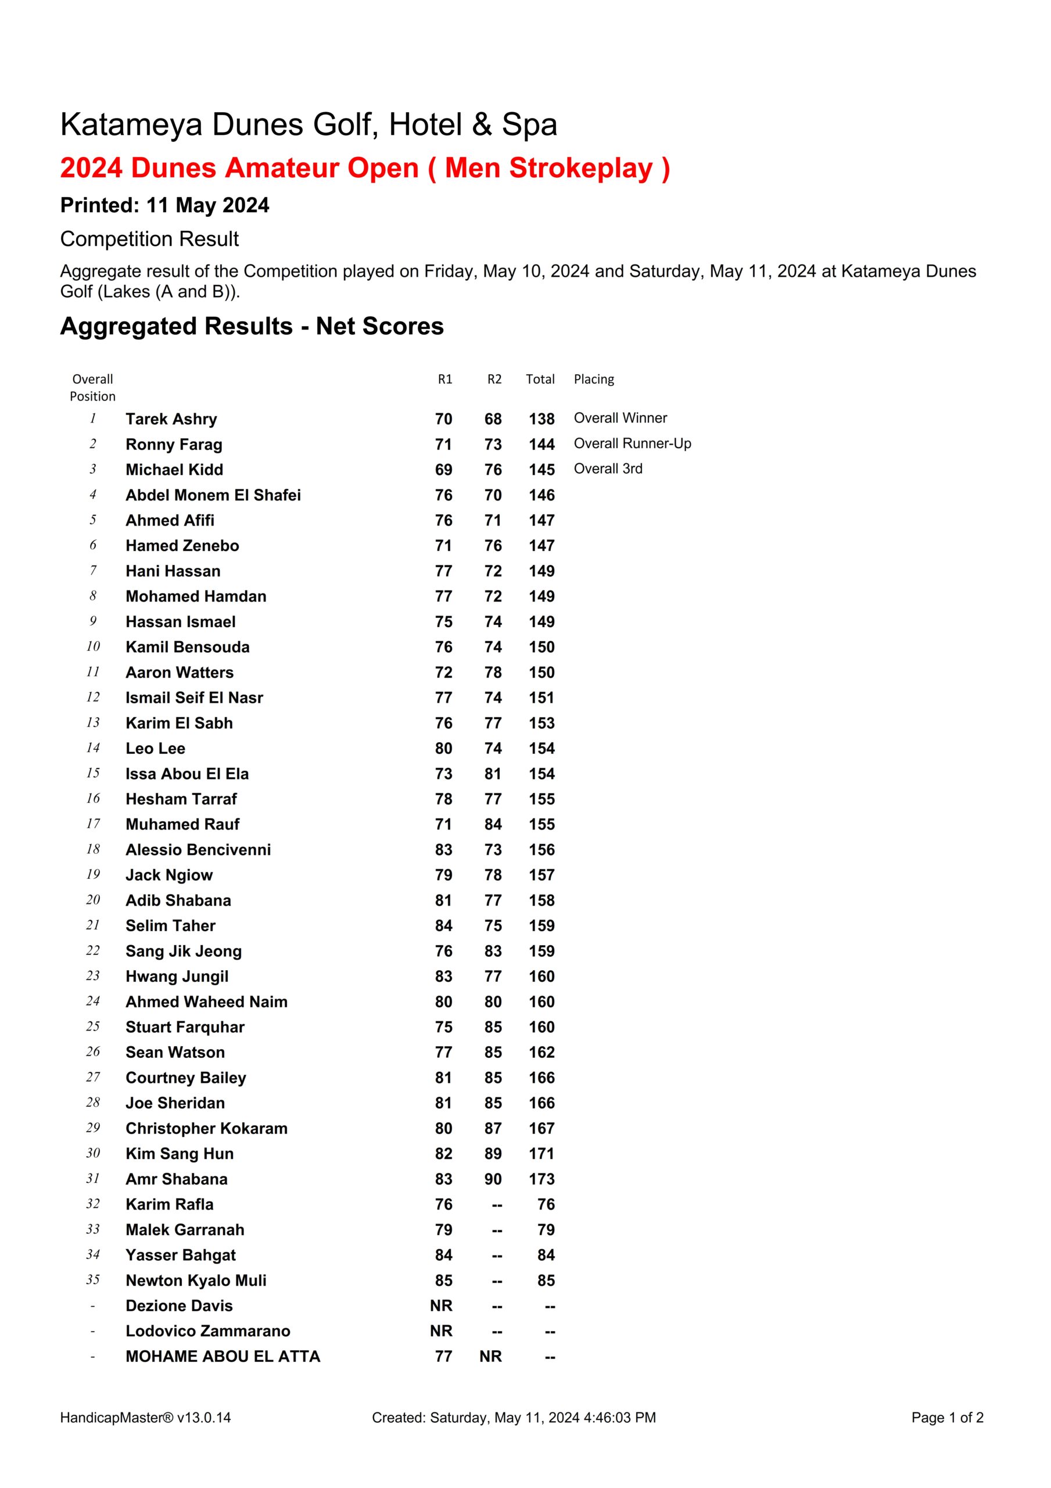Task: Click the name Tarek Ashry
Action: pyautogui.click(x=171, y=419)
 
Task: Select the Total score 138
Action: pyautogui.click(x=541, y=419)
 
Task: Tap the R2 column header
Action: pyautogui.click(x=494, y=379)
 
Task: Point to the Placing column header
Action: pyautogui.click(x=594, y=379)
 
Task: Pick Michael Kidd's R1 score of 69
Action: pyautogui.click(x=443, y=470)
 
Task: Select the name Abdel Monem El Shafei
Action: pyautogui.click(x=213, y=495)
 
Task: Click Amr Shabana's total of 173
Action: pyautogui.click(x=541, y=1179)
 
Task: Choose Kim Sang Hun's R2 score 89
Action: pyautogui.click(x=493, y=1154)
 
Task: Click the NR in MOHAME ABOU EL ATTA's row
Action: pyautogui.click(x=490, y=1357)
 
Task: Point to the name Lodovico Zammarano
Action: pyautogui.click(x=207, y=1331)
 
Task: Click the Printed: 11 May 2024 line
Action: pyautogui.click(x=164, y=205)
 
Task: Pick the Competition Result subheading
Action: pyautogui.click(x=149, y=239)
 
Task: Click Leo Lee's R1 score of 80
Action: pyautogui.click(x=443, y=749)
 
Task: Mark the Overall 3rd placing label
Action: pyautogui.click(x=608, y=468)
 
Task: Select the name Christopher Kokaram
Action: pyautogui.click(x=206, y=1128)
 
